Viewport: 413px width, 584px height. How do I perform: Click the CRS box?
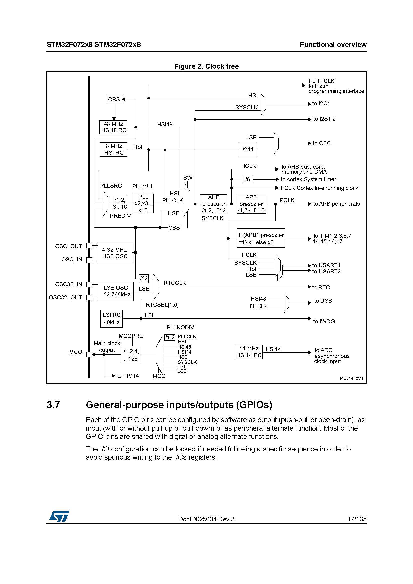(x=114, y=99)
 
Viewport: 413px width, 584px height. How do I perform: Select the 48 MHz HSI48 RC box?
(x=113, y=127)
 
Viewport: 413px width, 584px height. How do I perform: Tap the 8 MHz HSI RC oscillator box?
(x=113, y=149)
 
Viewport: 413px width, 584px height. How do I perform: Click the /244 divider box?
(x=248, y=149)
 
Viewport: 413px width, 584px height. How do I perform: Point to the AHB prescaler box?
(x=214, y=204)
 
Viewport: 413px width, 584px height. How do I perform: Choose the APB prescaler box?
(x=251, y=204)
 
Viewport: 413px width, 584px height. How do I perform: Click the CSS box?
(x=174, y=228)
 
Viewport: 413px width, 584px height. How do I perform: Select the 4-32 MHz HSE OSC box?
(x=115, y=253)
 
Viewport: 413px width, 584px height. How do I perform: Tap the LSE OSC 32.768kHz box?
(x=115, y=291)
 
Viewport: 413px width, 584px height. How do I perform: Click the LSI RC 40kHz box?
(x=111, y=318)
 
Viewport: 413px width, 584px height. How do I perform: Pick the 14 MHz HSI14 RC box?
(x=249, y=352)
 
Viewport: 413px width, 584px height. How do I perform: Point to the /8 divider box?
(x=247, y=179)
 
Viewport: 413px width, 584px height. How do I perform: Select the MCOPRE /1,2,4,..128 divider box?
(x=131, y=354)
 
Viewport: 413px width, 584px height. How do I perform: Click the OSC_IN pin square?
(x=89, y=260)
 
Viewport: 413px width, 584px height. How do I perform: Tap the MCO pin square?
(x=89, y=354)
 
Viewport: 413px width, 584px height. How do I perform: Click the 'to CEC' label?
(x=322, y=143)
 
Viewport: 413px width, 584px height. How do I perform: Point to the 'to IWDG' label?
(x=324, y=322)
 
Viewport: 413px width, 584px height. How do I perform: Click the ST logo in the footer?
(x=59, y=516)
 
